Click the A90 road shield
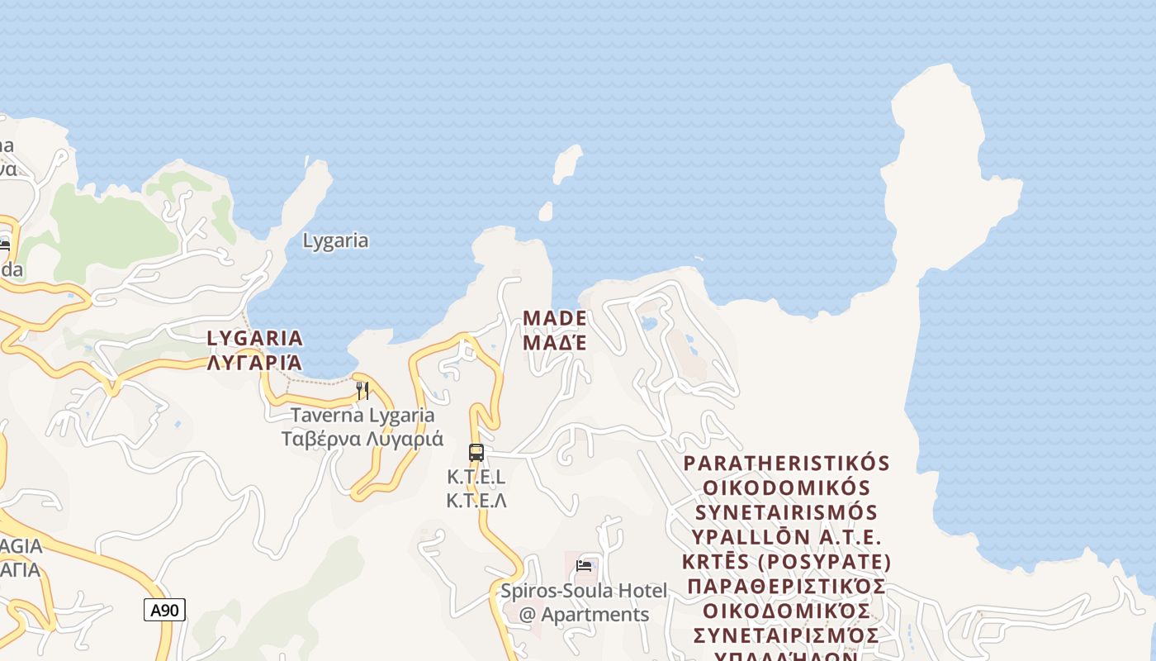[x=164, y=611]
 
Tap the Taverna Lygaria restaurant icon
[x=362, y=390]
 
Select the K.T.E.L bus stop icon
[x=476, y=453]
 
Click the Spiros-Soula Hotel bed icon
[x=584, y=566]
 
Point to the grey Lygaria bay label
[x=335, y=241]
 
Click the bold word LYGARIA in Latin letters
[x=255, y=338]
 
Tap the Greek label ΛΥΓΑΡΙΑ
[x=255, y=363]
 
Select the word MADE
[x=555, y=318]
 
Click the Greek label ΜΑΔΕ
[x=555, y=342]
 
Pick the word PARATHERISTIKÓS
[x=786, y=463]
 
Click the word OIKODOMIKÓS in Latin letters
[x=786, y=487]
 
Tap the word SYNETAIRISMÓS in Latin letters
[x=786, y=512]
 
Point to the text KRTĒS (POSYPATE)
[x=786, y=563]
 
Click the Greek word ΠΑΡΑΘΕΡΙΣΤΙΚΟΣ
[x=786, y=587]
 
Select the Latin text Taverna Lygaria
[x=362, y=415]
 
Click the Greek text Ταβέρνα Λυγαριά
[x=362, y=439]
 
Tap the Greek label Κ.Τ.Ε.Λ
[x=476, y=501]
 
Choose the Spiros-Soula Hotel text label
[x=584, y=592]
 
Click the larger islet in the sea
[x=567, y=164]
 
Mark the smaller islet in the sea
[x=545, y=212]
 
